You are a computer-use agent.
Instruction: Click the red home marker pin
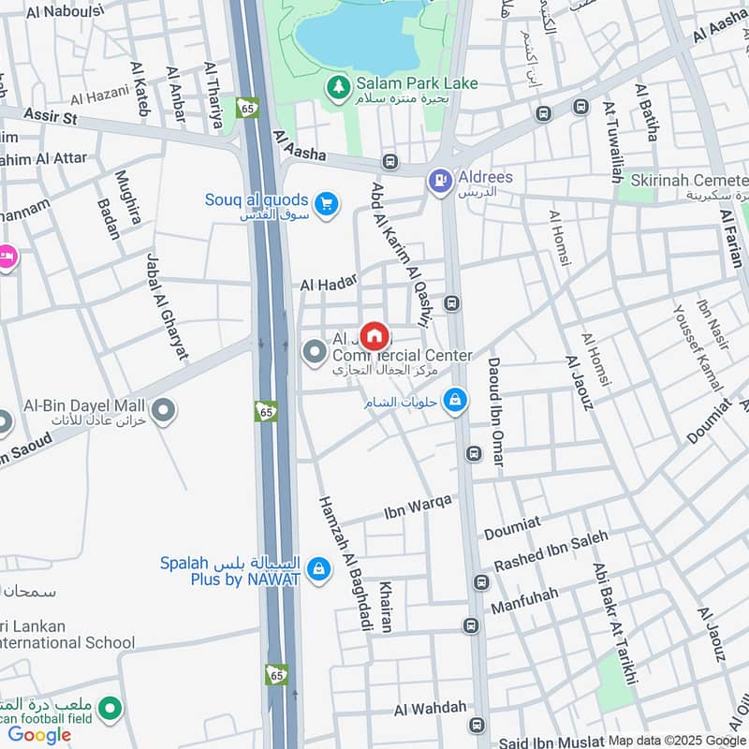[x=374, y=334]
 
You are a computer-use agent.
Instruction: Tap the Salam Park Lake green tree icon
[x=337, y=86]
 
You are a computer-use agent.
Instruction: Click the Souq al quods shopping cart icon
[x=326, y=203]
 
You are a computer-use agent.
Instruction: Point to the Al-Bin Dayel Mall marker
[x=164, y=410]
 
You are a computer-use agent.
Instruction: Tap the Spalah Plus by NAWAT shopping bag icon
[x=318, y=569]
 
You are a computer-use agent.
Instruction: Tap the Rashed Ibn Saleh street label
[x=551, y=551]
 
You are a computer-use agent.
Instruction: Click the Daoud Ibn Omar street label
[x=494, y=412]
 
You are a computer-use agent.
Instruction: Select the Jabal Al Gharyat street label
[x=166, y=305]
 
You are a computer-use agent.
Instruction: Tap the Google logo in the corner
[x=39, y=734]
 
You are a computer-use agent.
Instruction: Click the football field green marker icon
[x=110, y=709]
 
